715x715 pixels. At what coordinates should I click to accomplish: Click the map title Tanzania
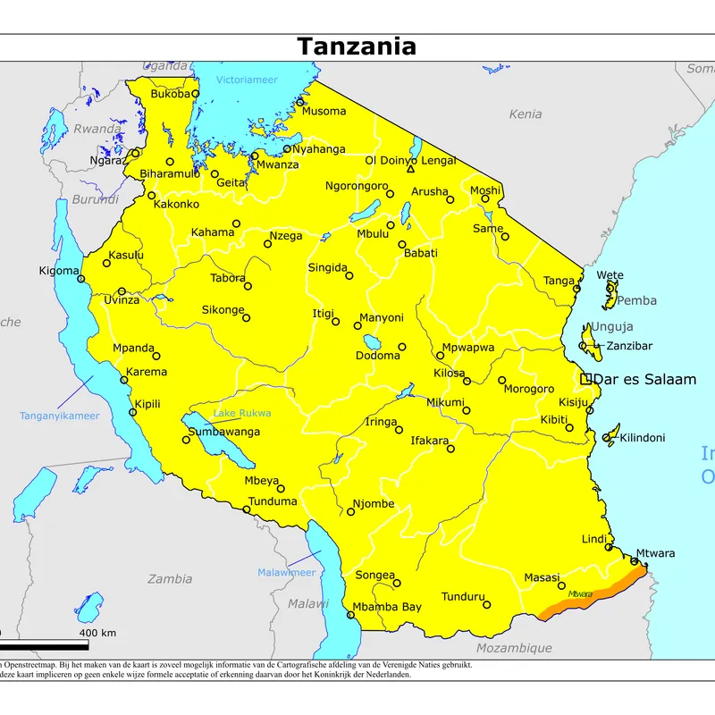pos(357,46)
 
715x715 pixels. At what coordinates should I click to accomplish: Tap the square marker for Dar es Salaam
pos(586,379)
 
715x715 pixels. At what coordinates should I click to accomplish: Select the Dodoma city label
pos(378,356)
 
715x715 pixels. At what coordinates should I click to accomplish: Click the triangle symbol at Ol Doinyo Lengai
pos(410,169)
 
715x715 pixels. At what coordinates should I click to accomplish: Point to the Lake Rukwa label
pos(241,413)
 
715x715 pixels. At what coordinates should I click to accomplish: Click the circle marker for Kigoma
pos(81,279)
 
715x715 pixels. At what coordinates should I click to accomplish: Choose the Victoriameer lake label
pos(247,80)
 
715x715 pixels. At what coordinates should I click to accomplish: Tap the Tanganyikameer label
pos(60,416)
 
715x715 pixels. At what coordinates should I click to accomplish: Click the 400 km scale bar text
pos(97,633)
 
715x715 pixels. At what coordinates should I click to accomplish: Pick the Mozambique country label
pos(513,648)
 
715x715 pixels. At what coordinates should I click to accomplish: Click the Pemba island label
pos(636,300)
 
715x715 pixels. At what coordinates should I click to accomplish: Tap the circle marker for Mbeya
pos(281,489)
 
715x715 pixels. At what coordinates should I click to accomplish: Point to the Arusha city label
pos(429,192)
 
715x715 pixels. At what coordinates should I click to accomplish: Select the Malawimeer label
pos(286,572)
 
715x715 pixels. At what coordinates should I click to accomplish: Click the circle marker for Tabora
pos(248,286)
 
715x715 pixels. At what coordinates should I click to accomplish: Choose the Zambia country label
pos(170,578)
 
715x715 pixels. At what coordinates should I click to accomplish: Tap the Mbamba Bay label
pos(387,608)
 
